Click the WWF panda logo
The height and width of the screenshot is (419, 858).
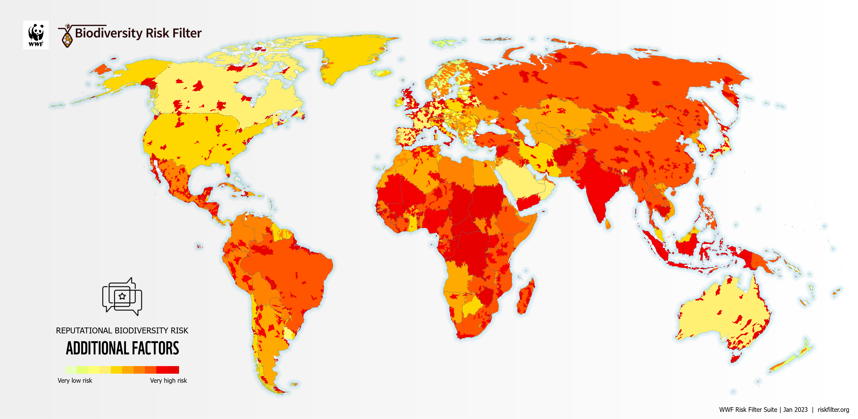click(36, 35)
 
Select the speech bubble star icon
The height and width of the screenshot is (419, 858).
click(122, 296)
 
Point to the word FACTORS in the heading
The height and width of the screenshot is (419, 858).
click(155, 348)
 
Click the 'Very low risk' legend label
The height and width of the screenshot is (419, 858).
click(75, 380)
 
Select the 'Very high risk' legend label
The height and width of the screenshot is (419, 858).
click(168, 380)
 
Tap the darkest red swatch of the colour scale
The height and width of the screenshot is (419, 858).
click(173, 370)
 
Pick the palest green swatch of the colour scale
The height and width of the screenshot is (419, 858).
click(71, 370)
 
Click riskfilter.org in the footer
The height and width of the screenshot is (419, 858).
click(833, 410)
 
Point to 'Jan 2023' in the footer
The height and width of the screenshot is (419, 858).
click(795, 410)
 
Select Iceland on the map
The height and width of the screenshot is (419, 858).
click(382, 73)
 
